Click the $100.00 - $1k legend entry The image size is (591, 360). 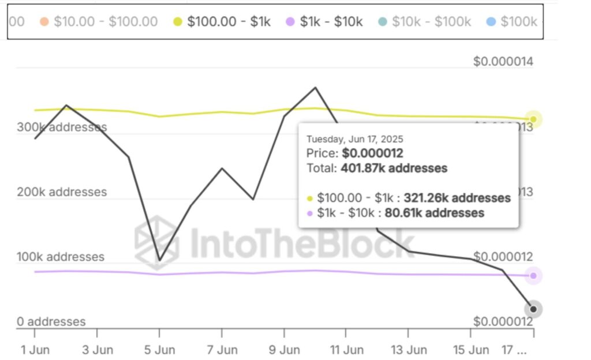pos(222,22)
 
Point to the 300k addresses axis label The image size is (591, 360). pos(62,127)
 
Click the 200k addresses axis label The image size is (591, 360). pos(62,192)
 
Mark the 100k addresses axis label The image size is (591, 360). pos(61,257)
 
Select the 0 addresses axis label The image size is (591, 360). pos(51,322)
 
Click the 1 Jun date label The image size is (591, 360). pos(35,349)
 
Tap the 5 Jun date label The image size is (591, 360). pos(159,349)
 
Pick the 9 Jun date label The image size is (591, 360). pos(284,349)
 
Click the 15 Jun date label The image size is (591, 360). pos(470,349)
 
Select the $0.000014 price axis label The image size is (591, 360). pos(503,62)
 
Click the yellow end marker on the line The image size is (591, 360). pos(533,119)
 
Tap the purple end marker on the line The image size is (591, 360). pos(533,276)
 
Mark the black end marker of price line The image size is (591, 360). pos(533,309)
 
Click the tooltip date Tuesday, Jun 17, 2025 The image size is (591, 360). pos(354,139)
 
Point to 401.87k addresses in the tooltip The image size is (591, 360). pos(394,168)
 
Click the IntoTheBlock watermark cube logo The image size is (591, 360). pos(157,242)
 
